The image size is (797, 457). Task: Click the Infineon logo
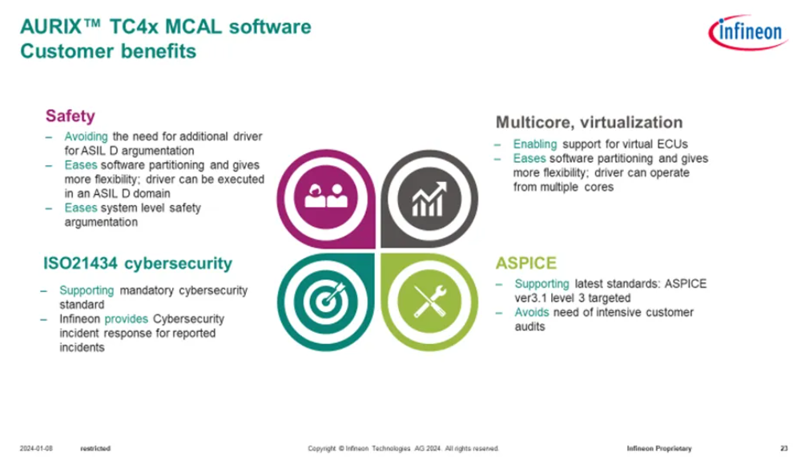[x=747, y=32]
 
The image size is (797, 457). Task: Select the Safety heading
[x=70, y=116]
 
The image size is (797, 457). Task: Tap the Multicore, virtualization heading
[x=589, y=122]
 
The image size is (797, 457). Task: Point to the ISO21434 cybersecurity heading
[x=138, y=263]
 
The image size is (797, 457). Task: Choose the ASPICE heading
[x=526, y=263]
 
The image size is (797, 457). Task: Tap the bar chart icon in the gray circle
[x=429, y=199]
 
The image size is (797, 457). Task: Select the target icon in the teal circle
[x=327, y=301]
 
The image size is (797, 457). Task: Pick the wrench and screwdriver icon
[x=429, y=301]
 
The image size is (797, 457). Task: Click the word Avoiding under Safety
[x=86, y=136]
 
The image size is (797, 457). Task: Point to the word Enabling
[x=535, y=144]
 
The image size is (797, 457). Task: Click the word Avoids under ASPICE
[x=532, y=312]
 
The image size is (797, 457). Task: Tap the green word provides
[x=126, y=319]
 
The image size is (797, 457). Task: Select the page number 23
[x=784, y=448]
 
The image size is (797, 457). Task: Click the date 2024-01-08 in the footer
[x=36, y=448]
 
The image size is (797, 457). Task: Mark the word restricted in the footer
[x=95, y=448]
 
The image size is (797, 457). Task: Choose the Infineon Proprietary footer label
[x=659, y=448]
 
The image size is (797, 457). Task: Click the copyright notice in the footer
[x=403, y=448]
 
